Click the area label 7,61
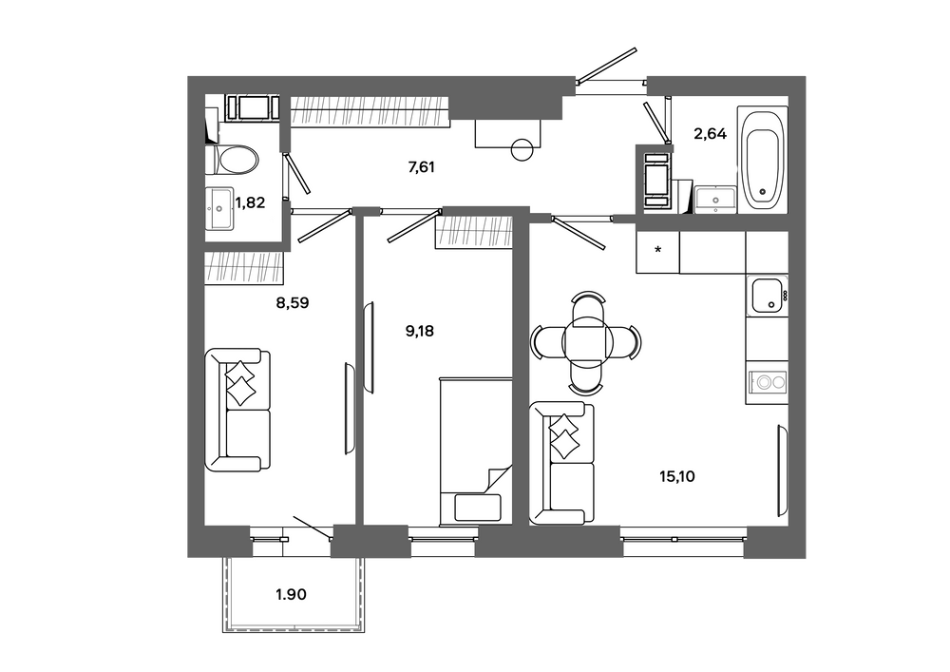tap(422, 167)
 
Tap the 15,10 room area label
tap(676, 477)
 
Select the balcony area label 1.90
tap(291, 595)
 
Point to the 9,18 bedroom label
tap(419, 332)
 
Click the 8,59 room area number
tap(293, 302)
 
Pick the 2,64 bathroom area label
tap(710, 134)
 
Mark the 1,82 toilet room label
tap(250, 203)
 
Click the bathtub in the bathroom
tap(762, 159)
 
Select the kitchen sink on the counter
tap(767, 296)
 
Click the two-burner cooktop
tap(767, 382)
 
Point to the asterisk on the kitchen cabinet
tap(658, 249)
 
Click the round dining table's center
tap(584, 342)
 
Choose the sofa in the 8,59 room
tap(237, 410)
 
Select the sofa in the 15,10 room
tap(561, 463)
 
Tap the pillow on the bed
tap(478, 508)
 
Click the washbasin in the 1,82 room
tap(219, 209)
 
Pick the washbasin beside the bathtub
tap(715, 200)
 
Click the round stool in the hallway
tap(522, 149)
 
